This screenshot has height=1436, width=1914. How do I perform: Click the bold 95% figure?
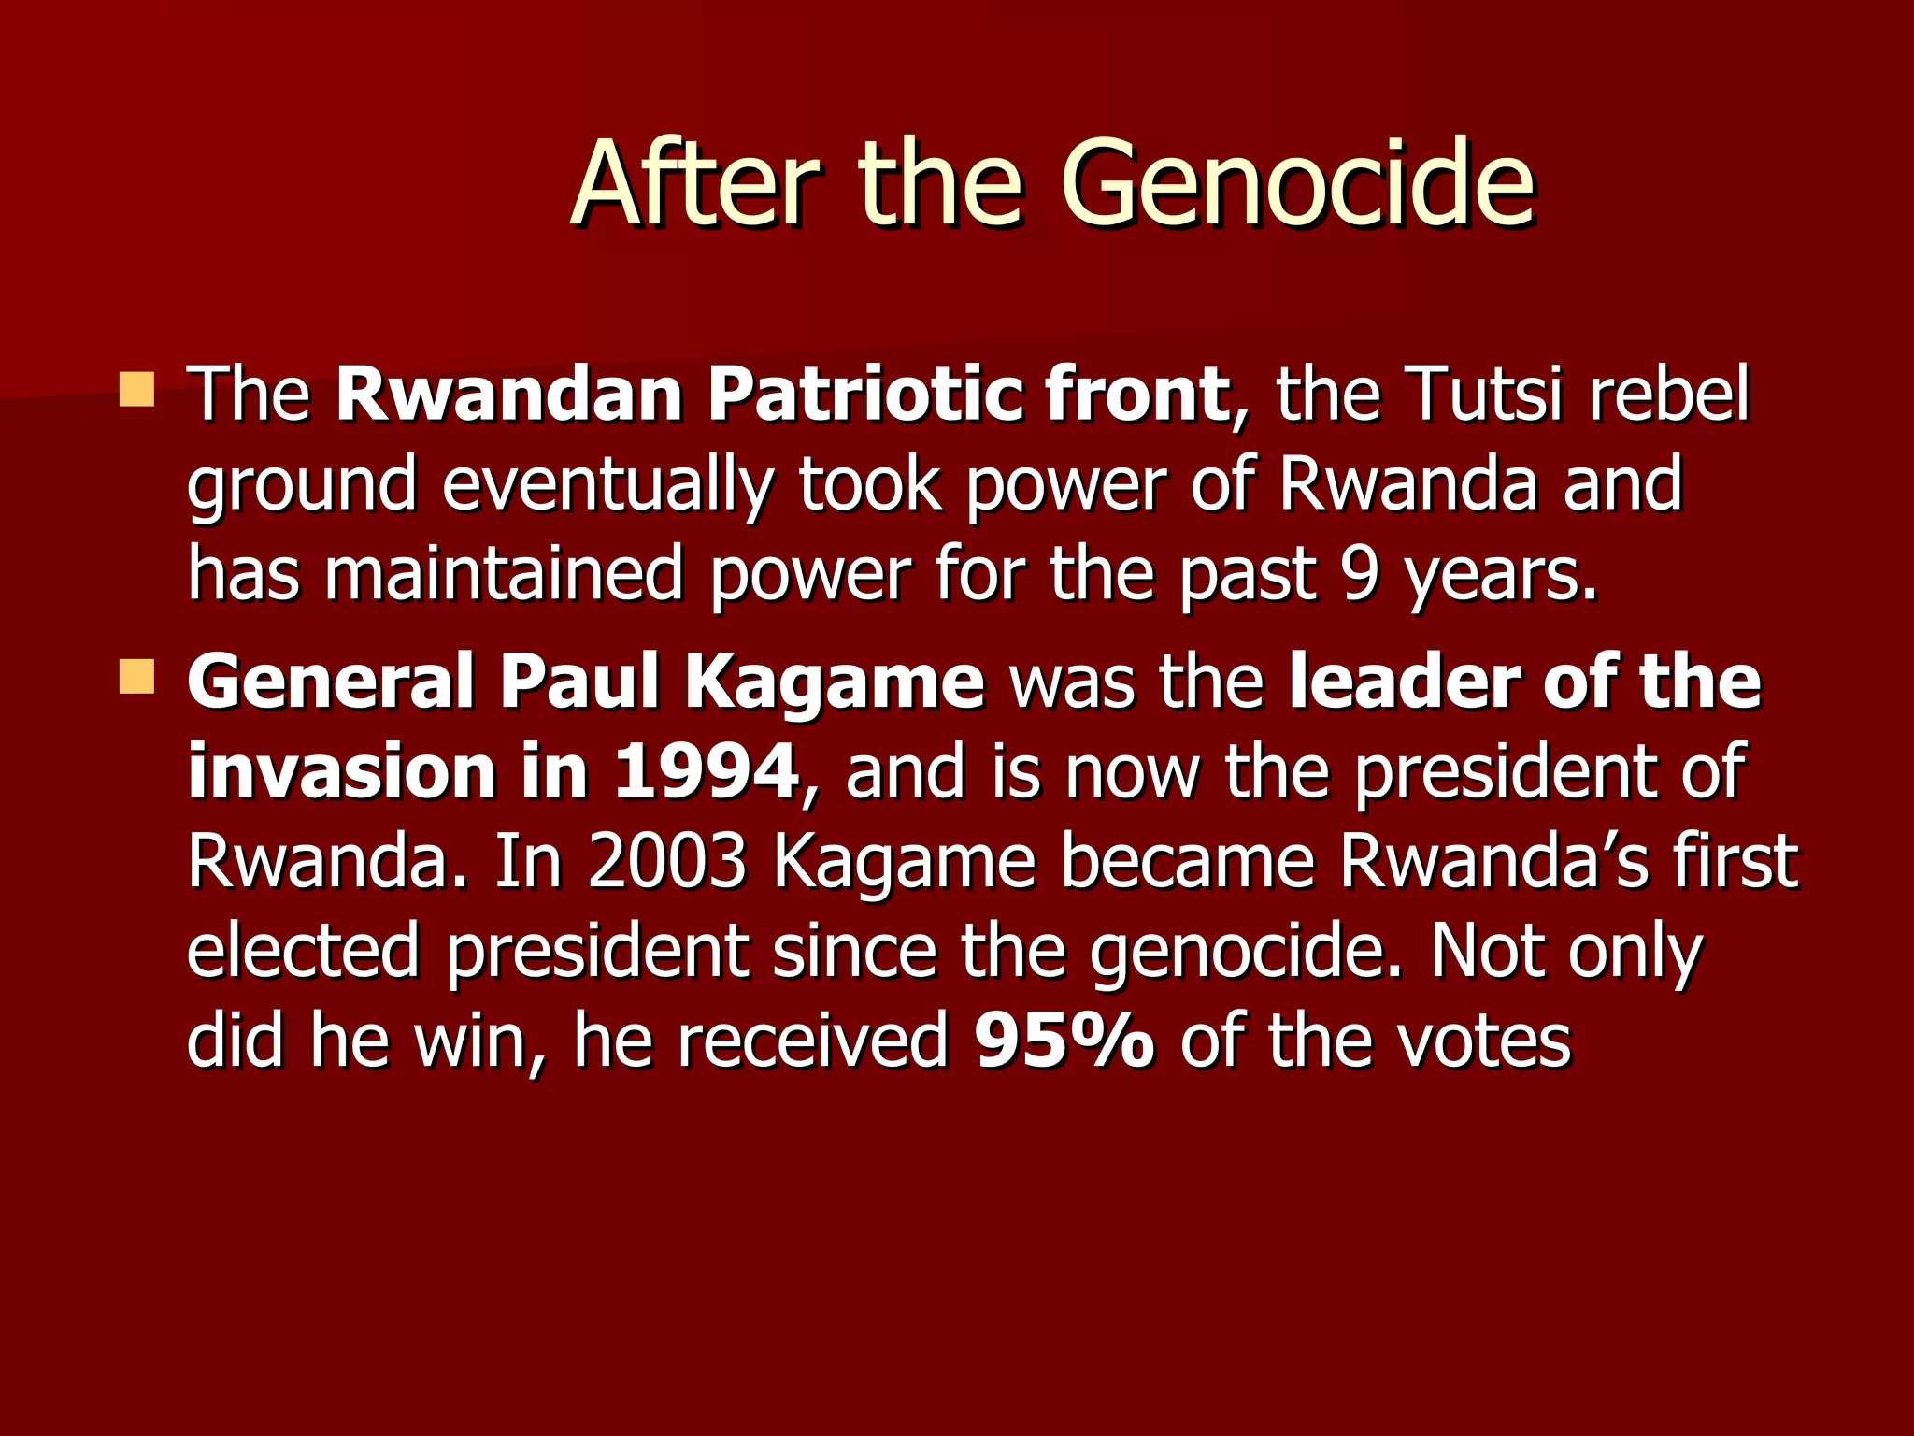(1064, 1041)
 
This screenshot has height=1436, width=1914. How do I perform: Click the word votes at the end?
(1484, 1041)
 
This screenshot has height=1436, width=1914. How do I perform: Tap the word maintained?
(504, 574)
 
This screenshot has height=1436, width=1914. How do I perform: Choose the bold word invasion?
(341, 772)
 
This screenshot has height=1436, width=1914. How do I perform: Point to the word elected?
(304, 952)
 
